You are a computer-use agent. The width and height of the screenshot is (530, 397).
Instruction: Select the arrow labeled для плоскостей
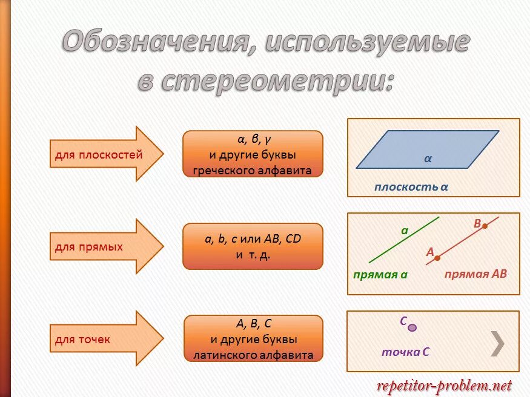(x=106, y=154)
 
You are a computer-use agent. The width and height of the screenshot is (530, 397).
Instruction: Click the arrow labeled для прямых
(x=106, y=246)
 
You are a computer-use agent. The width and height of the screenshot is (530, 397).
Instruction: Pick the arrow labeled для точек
(x=106, y=339)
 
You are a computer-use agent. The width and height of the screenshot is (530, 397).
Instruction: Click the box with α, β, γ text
(x=253, y=154)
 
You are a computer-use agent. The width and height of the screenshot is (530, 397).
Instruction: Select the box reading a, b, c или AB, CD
(x=253, y=246)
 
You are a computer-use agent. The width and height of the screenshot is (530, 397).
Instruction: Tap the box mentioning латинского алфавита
(x=253, y=339)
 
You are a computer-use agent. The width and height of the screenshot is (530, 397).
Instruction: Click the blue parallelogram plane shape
(x=428, y=149)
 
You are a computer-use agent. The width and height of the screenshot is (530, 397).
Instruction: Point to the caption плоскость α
(x=411, y=187)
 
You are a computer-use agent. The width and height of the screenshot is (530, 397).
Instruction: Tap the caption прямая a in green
(x=380, y=275)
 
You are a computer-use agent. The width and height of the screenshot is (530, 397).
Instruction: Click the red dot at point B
(x=485, y=226)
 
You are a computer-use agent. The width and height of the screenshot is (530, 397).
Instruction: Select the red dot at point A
(x=437, y=258)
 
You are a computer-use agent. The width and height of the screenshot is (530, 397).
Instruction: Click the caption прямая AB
(x=475, y=274)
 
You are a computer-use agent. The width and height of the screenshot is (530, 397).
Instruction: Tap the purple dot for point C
(x=412, y=327)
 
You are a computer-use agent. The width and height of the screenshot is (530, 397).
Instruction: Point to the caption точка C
(x=405, y=352)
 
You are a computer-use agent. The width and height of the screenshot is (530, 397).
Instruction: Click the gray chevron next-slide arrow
(x=497, y=343)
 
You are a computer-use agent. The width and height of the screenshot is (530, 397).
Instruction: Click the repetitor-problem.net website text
(x=444, y=386)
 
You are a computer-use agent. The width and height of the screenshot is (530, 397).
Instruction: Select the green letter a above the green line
(x=405, y=231)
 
